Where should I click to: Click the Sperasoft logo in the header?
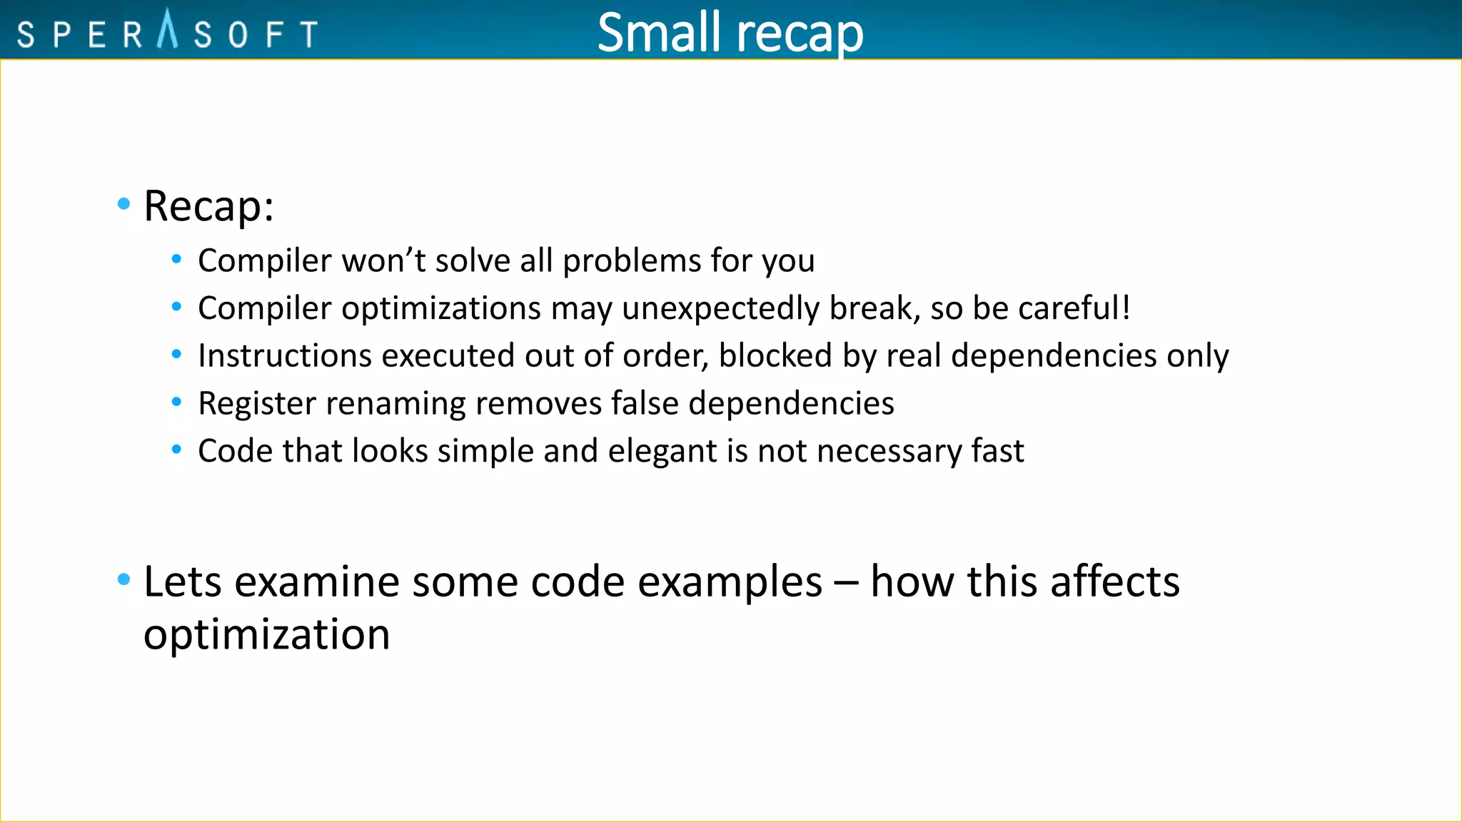[167, 32]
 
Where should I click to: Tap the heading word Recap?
[208, 206]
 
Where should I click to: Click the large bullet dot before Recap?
[123, 204]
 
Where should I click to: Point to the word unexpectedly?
[720, 308]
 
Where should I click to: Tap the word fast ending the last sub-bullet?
[997, 451]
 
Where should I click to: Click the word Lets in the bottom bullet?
[183, 581]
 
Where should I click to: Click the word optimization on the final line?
[266, 634]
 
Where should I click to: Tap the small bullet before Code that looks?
[176, 450]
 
